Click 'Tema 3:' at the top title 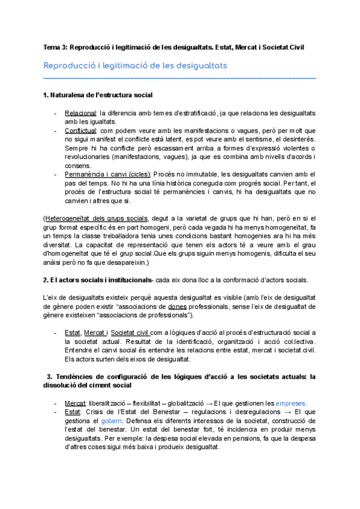click(55, 47)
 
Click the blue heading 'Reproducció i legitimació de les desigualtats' click(135, 65)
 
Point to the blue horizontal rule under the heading click(180, 78)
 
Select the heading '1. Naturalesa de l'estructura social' click(98, 95)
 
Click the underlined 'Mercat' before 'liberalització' click(74, 403)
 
